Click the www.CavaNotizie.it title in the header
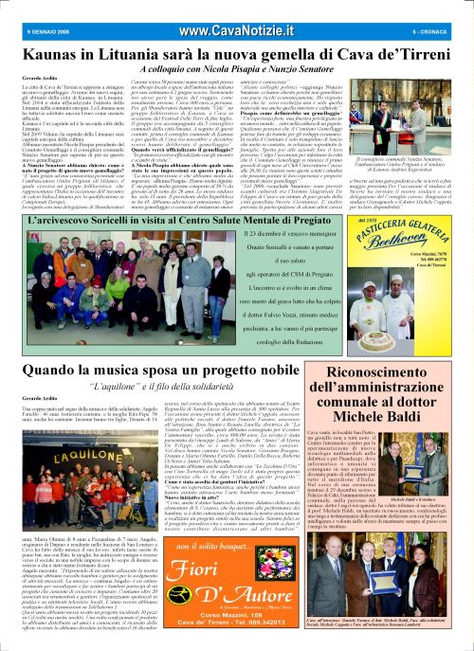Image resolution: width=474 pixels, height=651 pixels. (237, 9)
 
